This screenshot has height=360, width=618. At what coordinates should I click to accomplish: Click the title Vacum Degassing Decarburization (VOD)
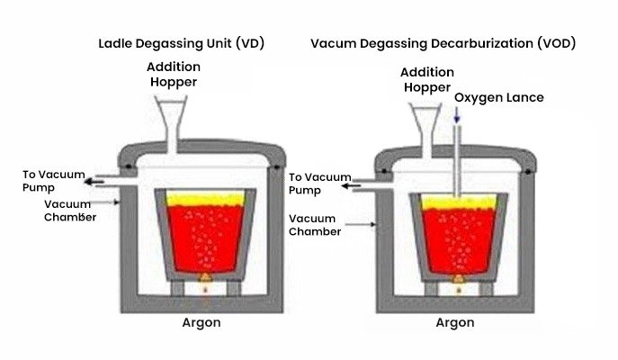(443, 42)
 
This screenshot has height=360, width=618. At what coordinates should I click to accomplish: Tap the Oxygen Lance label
(498, 97)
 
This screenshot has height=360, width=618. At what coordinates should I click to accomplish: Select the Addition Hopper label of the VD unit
(175, 76)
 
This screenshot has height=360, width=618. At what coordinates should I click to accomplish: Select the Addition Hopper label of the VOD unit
(425, 80)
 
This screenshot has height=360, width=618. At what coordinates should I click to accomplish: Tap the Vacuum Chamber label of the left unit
(69, 210)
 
